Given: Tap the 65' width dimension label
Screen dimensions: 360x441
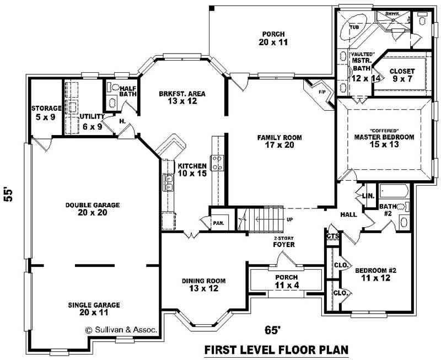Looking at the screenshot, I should (272, 330).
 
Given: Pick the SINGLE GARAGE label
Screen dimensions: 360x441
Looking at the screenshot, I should (94, 308).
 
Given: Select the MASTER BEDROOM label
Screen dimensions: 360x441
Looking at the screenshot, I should (384, 141).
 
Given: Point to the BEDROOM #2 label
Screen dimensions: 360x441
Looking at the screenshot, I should (375, 275).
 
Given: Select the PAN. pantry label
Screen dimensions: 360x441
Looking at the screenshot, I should (218, 223).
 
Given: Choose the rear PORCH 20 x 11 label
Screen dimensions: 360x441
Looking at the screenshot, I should (274, 37).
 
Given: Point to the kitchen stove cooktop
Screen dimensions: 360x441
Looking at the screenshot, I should (217, 163).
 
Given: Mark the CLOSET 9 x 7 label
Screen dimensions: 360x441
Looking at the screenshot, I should (402, 76).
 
